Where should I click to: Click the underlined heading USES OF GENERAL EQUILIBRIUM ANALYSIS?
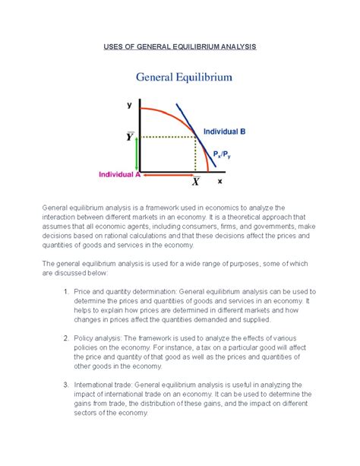(180, 47)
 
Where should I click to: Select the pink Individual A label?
(117, 174)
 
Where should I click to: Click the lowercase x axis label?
(219, 182)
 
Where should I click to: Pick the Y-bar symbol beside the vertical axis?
(130, 137)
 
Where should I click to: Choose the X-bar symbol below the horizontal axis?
(195, 182)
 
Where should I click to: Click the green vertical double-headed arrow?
(137, 155)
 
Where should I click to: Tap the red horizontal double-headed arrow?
(166, 174)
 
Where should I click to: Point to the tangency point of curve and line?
(199, 136)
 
